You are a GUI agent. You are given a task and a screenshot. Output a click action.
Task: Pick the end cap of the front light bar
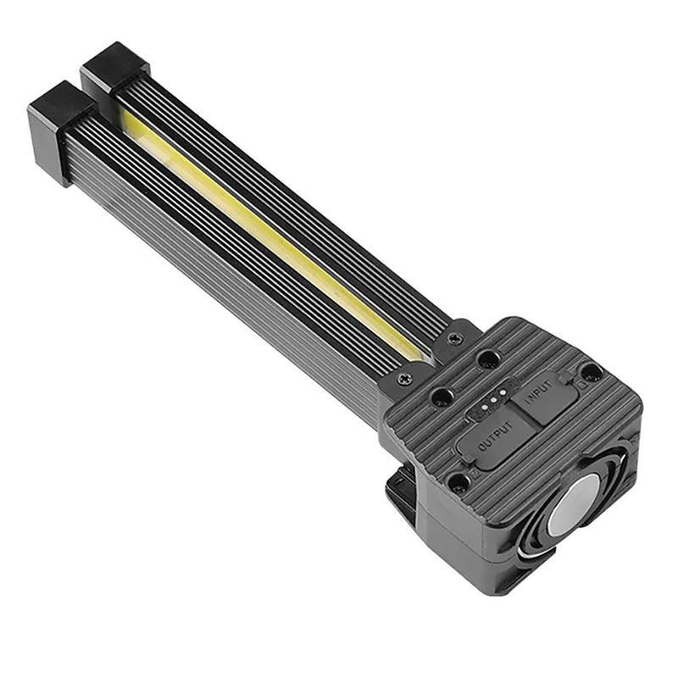click(59, 127)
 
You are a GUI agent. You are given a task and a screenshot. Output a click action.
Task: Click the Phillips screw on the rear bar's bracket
click(455, 337)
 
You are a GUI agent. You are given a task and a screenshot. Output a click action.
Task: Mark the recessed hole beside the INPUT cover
click(591, 372)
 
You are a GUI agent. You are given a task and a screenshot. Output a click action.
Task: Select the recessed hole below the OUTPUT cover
click(458, 483)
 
